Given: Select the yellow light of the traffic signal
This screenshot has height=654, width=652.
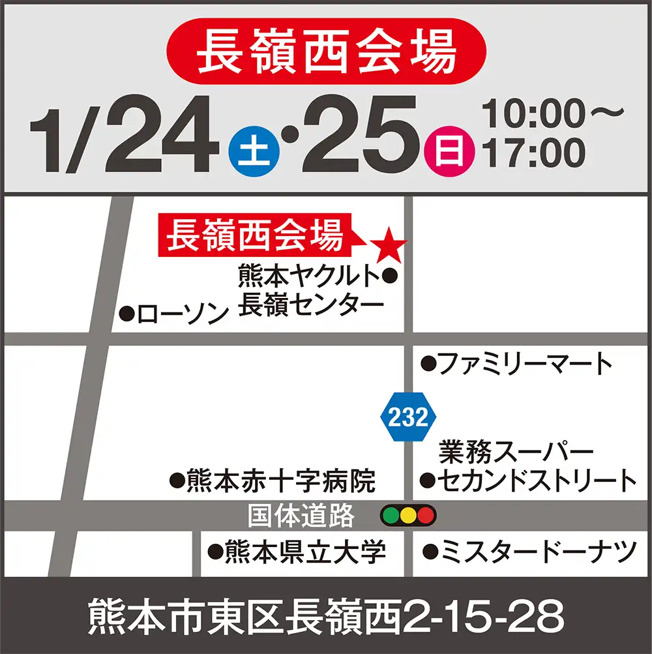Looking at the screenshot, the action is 408,516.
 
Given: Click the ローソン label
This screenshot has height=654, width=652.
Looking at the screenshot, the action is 183,314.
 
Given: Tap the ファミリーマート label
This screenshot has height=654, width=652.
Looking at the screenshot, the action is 526,364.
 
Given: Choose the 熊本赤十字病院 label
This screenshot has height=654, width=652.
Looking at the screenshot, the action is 280,482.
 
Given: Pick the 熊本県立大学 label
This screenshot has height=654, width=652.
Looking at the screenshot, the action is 305,553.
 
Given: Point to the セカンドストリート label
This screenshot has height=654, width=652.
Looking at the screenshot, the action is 536,481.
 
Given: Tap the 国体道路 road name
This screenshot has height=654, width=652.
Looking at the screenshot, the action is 301,516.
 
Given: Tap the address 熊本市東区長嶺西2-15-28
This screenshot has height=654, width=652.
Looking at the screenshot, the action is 326,616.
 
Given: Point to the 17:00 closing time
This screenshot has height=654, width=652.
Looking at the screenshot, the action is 534,154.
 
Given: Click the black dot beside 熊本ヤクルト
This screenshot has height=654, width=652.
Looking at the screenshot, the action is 389,276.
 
